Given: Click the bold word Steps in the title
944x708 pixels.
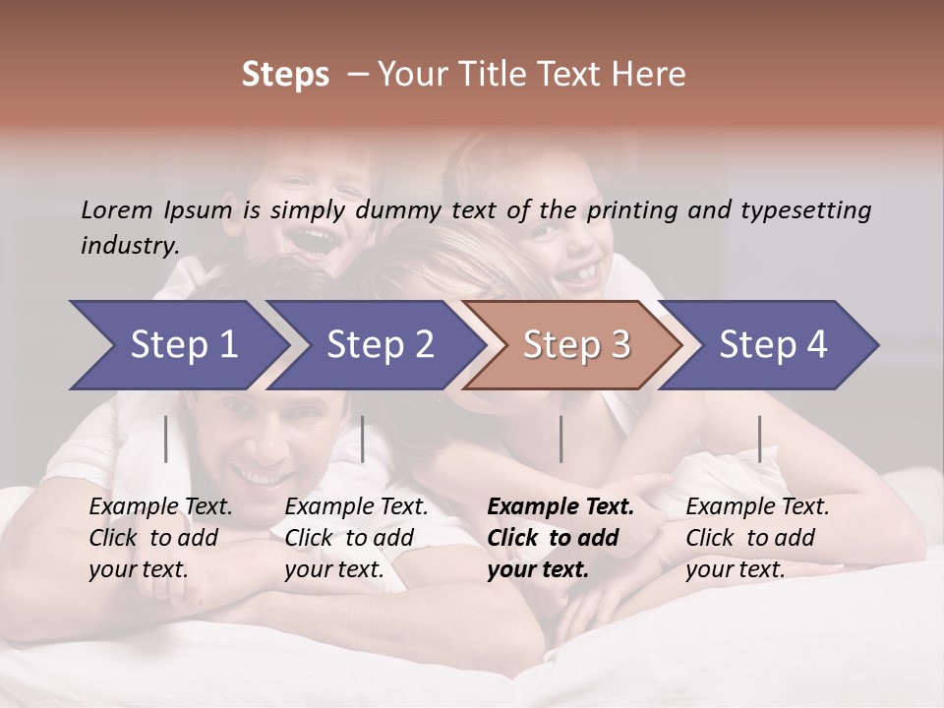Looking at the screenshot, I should click(285, 75).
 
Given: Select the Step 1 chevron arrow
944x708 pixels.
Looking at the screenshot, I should click(177, 345).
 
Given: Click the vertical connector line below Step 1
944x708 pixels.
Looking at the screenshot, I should click(166, 439).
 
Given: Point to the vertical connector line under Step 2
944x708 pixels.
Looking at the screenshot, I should click(363, 439).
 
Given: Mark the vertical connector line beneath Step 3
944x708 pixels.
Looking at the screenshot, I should click(560, 439).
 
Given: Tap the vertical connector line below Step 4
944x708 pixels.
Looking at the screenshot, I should click(759, 439).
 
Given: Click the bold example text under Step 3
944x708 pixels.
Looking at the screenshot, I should click(560, 538).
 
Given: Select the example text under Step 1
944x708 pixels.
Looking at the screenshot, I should click(160, 538).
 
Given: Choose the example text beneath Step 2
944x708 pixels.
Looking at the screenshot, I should click(356, 538).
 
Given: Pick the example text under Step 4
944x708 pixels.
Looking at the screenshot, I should click(757, 538).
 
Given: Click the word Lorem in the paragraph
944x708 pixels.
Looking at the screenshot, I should click(117, 209).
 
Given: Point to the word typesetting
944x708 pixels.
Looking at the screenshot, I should click(809, 209).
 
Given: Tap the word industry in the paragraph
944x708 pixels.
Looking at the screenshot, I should click(129, 245).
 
